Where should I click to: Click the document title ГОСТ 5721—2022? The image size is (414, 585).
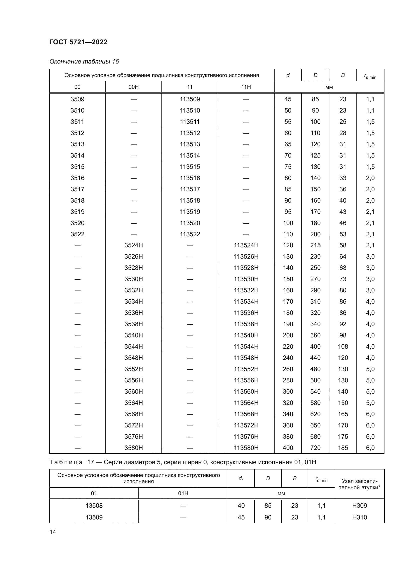[78, 42]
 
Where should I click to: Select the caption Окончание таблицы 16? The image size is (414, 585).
[84, 62]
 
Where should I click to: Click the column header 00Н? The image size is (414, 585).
[134, 87]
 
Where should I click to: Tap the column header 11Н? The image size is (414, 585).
[246, 87]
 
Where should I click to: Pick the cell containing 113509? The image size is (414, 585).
[190, 99]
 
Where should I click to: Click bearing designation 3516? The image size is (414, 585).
[77, 178]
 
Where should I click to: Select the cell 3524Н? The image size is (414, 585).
[134, 245]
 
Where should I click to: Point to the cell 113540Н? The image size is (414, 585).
[246, 335]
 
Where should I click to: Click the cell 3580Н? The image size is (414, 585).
[134, 448]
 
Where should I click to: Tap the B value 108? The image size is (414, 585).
[343, 346]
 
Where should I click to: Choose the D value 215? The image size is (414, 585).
[315, 245]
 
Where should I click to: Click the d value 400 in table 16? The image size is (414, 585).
[288, 448]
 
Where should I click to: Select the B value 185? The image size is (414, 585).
[343, 448]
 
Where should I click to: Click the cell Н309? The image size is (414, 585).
[359, 505]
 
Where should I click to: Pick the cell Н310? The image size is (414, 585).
[359, 517]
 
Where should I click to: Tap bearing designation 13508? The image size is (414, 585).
[94, 505]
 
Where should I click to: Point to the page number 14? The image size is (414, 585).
[53, 532]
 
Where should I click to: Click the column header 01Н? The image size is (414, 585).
[183, 493]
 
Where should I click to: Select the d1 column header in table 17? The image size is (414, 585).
[241, 478]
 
